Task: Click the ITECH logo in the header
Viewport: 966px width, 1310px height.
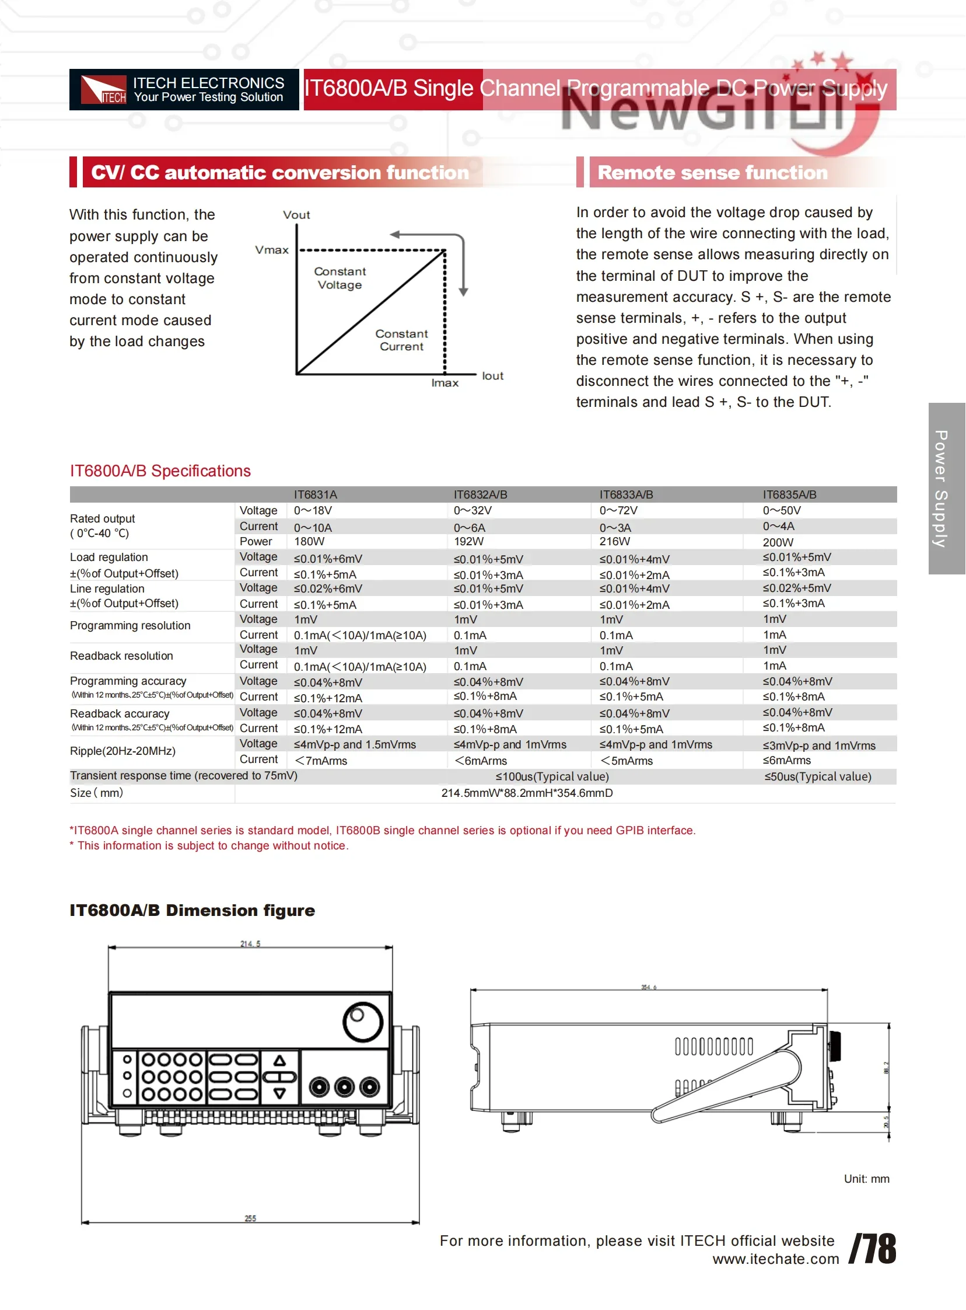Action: coord(103,89)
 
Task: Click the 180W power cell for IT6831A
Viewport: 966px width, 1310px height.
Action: coord(309,541)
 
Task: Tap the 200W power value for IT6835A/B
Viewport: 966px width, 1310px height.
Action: coord(778,542)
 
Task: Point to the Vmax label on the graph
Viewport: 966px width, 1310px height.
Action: coord(272,250)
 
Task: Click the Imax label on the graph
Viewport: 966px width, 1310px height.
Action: coord(445,382)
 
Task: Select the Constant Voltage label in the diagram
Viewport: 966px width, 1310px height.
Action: coord(339,278)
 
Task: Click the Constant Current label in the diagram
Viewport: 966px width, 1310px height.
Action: coord(402,340)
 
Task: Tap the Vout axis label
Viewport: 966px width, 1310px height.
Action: coord(296,215)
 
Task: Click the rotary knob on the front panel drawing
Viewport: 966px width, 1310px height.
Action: coord(363,1022)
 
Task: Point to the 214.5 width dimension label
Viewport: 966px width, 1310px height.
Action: coord(250,943)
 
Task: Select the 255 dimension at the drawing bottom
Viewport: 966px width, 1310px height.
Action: coord(250,1218)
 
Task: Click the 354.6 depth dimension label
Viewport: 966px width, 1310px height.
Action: coord(649,987)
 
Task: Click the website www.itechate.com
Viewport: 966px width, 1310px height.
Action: coord(775,1259)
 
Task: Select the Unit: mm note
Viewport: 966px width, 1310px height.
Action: coord(866,1178)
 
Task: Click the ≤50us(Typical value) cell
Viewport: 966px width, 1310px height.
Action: coord(817,776)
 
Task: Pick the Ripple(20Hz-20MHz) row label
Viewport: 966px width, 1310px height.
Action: coord(123,751)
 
